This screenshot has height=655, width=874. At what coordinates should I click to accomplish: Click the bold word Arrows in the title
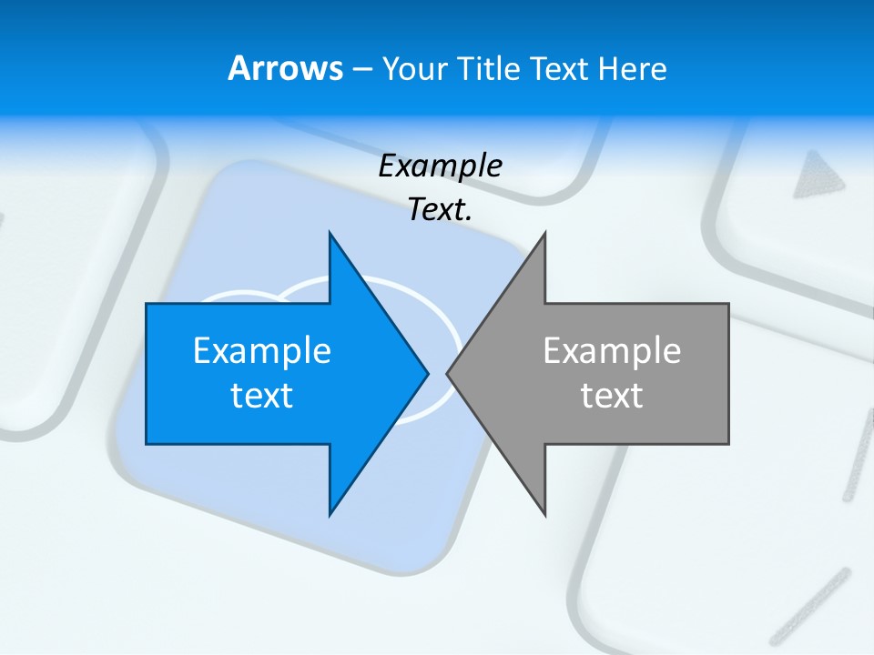[x=285, y=68]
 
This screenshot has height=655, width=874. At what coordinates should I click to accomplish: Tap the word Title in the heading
[x=487, y=68]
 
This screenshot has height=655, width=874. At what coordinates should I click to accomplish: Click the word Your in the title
[x=413, y=68]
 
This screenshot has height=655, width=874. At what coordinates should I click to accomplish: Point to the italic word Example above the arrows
[x=441, y=166]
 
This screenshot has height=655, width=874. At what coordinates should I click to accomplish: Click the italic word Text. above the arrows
[x=441, y=210]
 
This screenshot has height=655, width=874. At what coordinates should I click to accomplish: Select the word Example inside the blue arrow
[x=262, y=350]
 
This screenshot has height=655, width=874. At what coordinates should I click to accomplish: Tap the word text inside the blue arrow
[x=262, y=395]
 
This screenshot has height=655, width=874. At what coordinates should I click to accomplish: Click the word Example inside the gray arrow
[x=612, y=350]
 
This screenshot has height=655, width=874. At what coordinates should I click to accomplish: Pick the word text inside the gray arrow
[x=612, y=395]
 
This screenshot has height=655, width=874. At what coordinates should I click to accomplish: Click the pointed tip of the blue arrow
[x=427, y=373]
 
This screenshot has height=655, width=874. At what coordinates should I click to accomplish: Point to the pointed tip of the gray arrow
[x=448, y=373]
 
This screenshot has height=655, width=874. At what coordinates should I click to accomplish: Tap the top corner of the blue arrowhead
[x=330, y=233]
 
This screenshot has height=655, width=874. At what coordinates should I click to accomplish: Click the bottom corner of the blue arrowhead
[x=330, y=515]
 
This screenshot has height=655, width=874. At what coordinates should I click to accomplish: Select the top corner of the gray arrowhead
[x=544, y=233]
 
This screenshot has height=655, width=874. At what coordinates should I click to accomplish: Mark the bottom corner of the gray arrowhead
[x=544, y=515]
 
